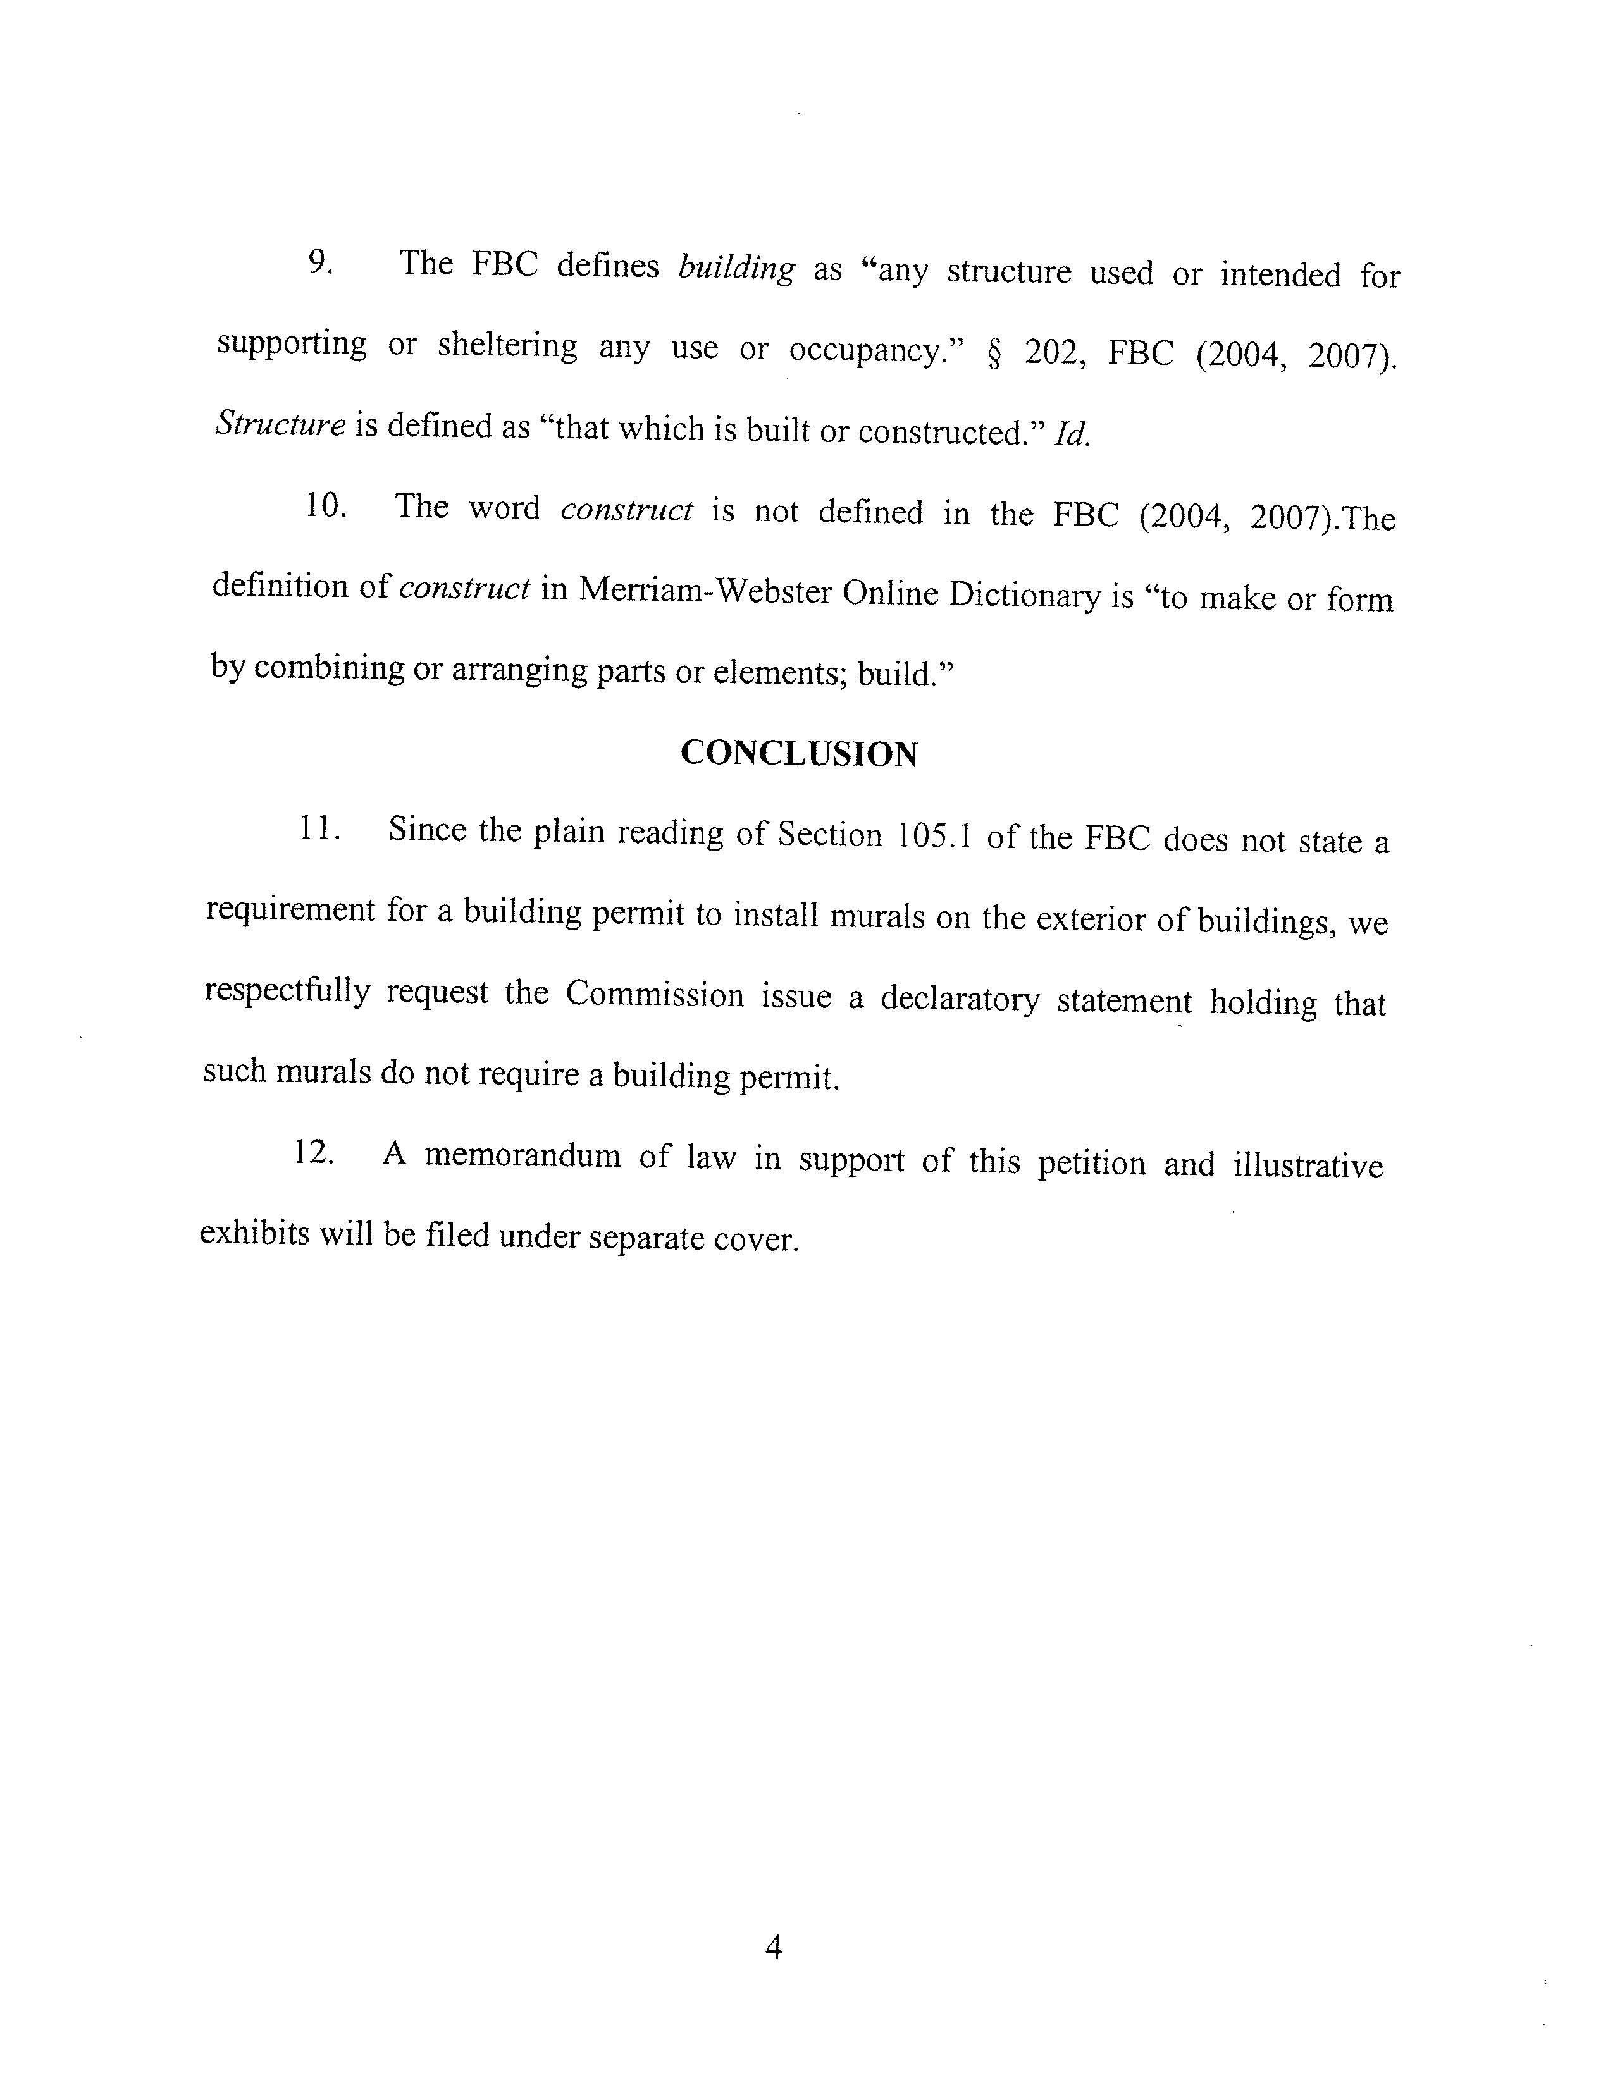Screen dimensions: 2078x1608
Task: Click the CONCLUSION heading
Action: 799,754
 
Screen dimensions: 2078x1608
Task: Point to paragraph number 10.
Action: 325,505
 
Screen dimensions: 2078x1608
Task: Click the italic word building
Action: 736,268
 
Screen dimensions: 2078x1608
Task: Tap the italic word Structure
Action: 280,424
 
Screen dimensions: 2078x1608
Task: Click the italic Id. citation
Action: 1072,436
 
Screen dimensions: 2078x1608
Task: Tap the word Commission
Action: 655,994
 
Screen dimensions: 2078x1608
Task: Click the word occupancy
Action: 876,351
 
